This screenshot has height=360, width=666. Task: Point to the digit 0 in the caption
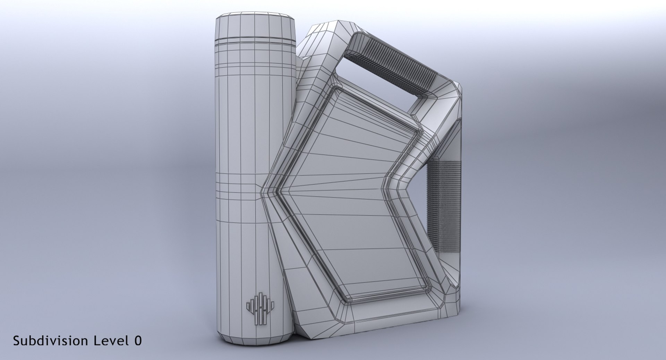[x=138, y=341]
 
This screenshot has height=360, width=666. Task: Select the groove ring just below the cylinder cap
[x=255, y=41]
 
